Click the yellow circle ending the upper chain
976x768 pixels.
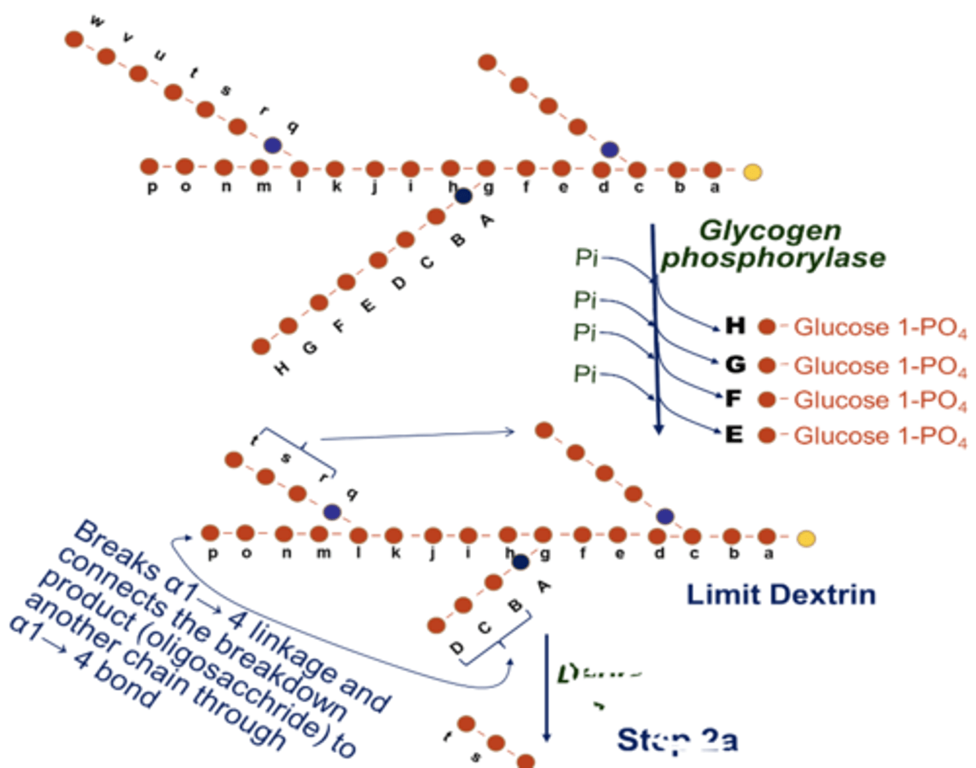tap(752, 172)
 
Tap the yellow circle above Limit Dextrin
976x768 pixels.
tap(806, 539)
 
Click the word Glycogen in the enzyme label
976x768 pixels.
tap(770, 231)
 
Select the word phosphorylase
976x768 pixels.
tap(773, 258)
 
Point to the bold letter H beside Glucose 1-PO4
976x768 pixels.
tap(735, 326)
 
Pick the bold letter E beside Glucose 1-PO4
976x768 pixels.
tap(734, 434)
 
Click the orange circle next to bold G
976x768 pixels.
tap(767, 366)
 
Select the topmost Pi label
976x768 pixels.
tap(586, 257)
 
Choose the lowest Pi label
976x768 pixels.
tap(585, 373)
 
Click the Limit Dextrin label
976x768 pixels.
tap(781, 595)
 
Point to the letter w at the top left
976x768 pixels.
tap(98, 22)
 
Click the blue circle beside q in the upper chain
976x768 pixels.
tap(272, 145)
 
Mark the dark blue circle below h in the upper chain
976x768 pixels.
tap(464, 196)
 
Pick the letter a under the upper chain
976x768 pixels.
tap(714, 188)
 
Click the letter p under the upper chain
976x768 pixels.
tap(152, 188)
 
